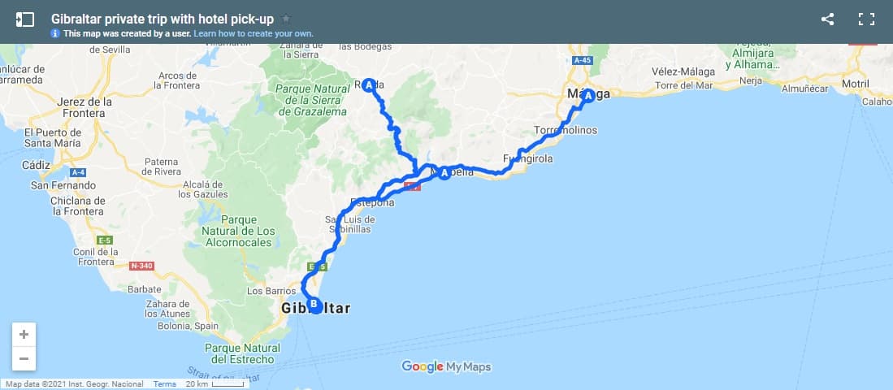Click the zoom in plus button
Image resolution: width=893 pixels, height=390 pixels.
pos(24,335)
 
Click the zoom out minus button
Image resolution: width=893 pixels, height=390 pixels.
pos(24,358)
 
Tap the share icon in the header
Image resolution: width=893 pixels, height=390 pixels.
pos(827,19)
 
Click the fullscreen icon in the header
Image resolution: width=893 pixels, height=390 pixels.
pos(866,19)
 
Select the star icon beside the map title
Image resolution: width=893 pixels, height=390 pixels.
pos(285,19)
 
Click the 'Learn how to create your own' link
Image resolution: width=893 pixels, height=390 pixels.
pos(254,33)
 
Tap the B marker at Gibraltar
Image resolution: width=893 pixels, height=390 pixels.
pos(314,305)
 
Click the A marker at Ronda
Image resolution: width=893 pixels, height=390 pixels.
pos(369,84)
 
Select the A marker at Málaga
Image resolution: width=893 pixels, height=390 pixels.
pos(587,94)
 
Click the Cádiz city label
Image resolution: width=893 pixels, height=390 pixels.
pos(37,164)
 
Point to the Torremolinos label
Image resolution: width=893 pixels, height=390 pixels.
pos(566,130)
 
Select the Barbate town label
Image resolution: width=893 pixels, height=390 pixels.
pos(145,288)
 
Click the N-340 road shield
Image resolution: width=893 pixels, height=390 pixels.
pos(141,265)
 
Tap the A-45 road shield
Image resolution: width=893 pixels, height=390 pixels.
pos(581,60)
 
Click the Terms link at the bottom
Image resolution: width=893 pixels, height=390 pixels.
pos(164,384)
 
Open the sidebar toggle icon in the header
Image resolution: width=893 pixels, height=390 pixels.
pos(24,19)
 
